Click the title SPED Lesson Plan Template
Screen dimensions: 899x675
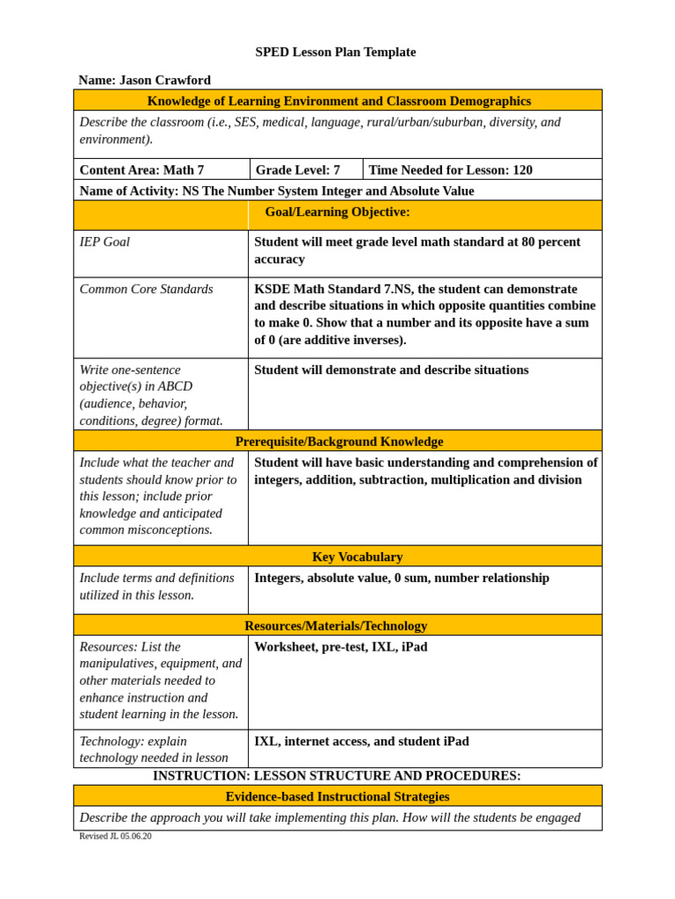[336, 52]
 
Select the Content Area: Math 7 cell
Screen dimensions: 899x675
[142, 169]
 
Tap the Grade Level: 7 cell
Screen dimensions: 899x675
[297, 169]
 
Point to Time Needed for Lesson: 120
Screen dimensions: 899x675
[450, 169]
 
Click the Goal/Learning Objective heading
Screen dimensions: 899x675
[337, 212]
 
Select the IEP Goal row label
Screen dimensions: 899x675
[105, 241]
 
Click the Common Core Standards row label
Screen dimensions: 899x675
[146, 289]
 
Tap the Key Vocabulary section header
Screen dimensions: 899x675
[357, 557]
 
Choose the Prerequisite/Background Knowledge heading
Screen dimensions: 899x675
[339, 442]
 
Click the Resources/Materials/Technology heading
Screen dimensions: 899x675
[336, 626]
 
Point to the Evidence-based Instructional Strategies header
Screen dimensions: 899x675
[337, 796]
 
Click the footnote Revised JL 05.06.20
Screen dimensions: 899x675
[115, 836]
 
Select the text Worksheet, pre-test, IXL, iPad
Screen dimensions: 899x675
[341, 647]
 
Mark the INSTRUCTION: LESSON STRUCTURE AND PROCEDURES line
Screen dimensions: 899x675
[337, 776]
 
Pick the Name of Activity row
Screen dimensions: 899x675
[277, 191]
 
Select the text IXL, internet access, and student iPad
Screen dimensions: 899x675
[361, 741]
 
